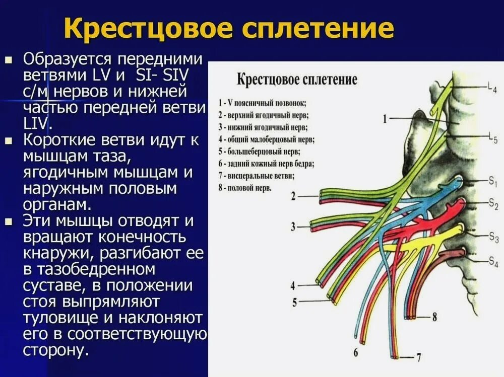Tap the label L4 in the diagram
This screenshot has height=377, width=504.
[x=492, y=87]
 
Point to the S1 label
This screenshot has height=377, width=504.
[x=493, y=182]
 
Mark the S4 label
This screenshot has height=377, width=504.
[x=493, y=260]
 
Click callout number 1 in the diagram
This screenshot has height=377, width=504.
[x=386, y=119]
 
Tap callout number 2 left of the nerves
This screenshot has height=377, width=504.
[x=293, y=196]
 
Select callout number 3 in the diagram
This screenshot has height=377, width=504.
[x=293, y=227]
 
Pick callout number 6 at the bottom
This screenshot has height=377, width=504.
[x=356, y=352]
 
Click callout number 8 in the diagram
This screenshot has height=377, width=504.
[x=434, y=317]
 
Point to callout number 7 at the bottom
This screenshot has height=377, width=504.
[x=418, y=358]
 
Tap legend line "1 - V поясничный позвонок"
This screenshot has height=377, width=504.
[x=262, y=103]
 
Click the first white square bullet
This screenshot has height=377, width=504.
[x=9, y=60]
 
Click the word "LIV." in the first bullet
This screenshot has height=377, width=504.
[x=36, y=123]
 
